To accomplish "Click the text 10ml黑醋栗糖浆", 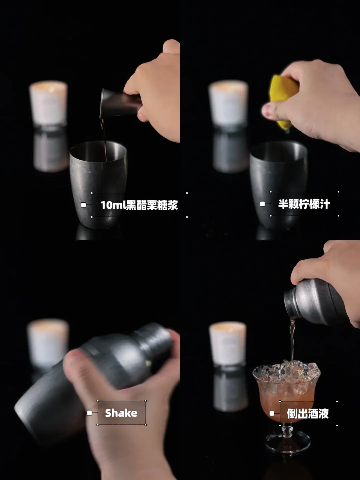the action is click(x=139, y=205).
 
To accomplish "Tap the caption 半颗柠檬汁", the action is click(x=304, y=204).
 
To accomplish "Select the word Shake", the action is click(x=121, y=413).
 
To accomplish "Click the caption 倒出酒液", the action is click(x=308, y=414).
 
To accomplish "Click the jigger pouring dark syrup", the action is click(x=121, y=102).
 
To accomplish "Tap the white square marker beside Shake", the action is click(x=89, y=413).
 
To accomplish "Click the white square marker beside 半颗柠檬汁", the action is click(x=262, y=204).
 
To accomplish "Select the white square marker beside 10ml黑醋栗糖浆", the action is click(x=83, y=205).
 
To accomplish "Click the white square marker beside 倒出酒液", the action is click(x=272, y=413).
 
